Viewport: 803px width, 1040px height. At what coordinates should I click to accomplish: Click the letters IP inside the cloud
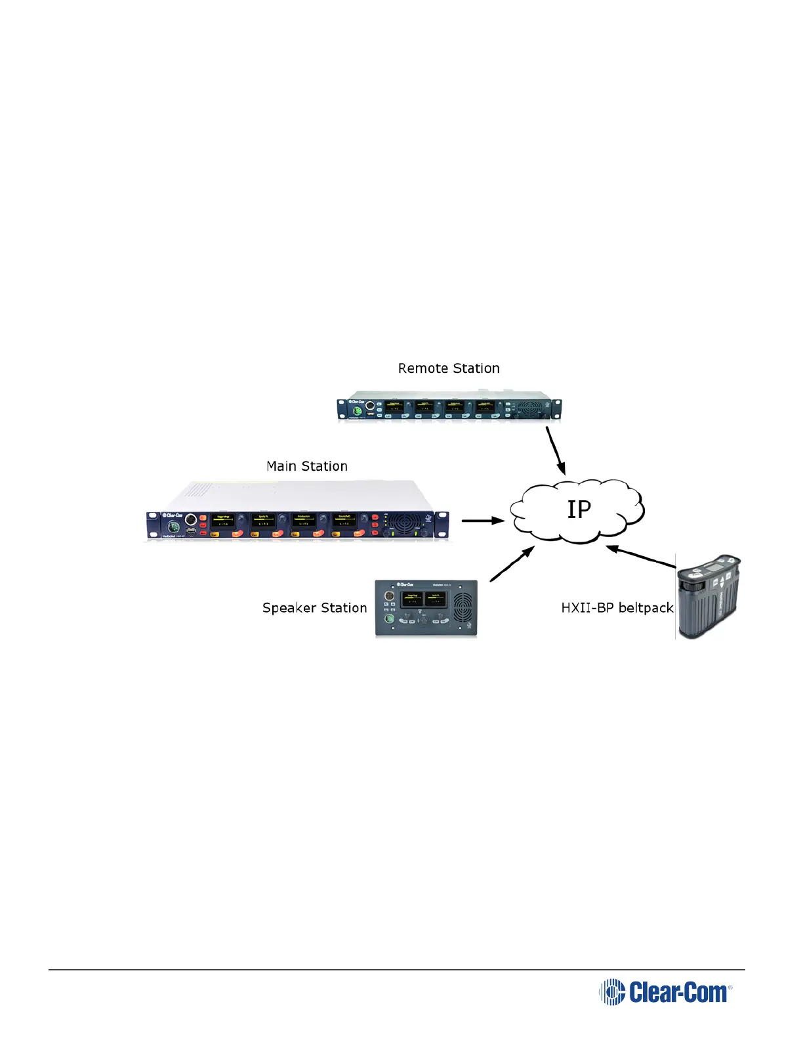tap(579, 509)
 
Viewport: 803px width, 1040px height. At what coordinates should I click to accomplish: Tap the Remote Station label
tap(449, 368)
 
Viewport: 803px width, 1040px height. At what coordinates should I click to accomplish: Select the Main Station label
tap(306, 466)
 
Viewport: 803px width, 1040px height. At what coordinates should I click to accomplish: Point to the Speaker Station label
tap(314, 608)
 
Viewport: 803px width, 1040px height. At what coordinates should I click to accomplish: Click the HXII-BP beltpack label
tap(617, 608)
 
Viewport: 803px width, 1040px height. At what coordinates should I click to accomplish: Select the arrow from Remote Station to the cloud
tap(556, 450)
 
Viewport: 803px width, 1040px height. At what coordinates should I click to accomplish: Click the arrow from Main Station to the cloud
tap(482, 521)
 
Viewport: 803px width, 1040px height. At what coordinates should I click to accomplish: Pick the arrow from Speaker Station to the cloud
tap(512, 565)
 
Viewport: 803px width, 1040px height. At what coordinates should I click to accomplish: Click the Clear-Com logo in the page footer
tap(665, 991)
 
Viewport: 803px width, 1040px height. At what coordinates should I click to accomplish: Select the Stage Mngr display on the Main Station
tap(223, 521)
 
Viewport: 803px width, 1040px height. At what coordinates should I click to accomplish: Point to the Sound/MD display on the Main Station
tap(344, 521)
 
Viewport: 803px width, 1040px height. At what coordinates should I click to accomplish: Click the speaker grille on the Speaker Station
tap(463, 609)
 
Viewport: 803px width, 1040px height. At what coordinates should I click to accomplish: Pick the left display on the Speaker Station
tap(413, 599)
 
